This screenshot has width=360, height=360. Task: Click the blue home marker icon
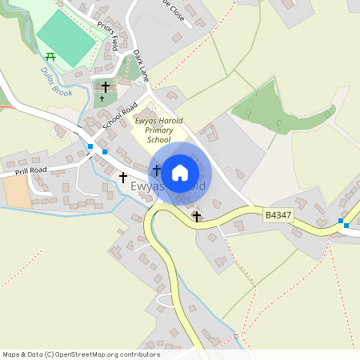coord(180,172)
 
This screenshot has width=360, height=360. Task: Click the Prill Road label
coord(30,170)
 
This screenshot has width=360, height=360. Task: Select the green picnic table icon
coord(50,56)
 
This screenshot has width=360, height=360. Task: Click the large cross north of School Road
coord(105,86)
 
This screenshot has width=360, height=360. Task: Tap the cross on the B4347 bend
coord(197,216)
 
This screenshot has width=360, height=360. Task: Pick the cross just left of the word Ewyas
coord(123,177)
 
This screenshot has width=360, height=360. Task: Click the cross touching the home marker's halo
coord(157,170)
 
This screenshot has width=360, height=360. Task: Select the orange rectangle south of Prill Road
coord(17,191)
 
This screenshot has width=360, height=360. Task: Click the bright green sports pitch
coord(66,38)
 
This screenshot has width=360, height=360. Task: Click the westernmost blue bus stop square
coord(90,146)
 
